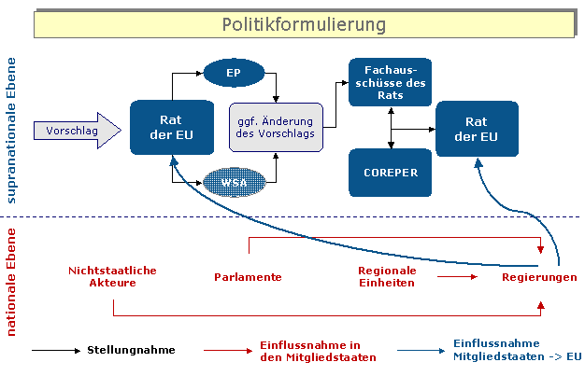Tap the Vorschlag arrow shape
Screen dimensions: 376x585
pos(77,131)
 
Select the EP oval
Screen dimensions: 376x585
pos(234,71)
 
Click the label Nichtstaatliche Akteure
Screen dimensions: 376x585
pos(112,276)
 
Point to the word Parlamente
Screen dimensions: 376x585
pos(248,277)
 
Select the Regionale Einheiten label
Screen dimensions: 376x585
pos(386,276)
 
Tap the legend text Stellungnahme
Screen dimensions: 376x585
pos(131,350)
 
